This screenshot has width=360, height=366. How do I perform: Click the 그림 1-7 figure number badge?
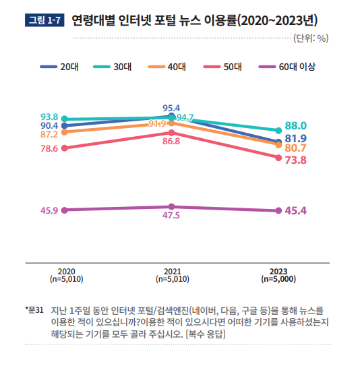tap(44, 20)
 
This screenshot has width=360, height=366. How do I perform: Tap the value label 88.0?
tap(296, 126)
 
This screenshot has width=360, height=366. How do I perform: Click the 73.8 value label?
tap(296, 160)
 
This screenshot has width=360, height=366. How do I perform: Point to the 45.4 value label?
tap(296, 211)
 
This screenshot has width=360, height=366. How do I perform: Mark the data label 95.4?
tap(171, 108)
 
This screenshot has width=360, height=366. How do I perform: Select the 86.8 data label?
tap(171, 142)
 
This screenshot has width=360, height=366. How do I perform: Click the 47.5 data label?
tap(171, 216)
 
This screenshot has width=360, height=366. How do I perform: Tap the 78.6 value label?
tap(49, 148)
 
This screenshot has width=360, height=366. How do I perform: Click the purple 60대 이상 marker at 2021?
tap(172, 206)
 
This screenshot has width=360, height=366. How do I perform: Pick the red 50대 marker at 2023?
tap(278, 158)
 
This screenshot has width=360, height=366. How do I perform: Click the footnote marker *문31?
tap(34, 311)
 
